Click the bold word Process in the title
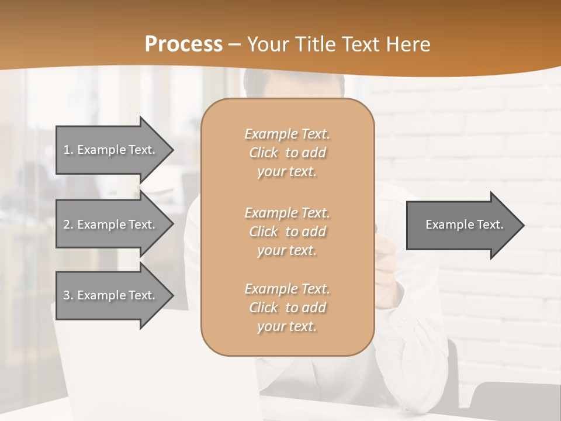[183, 44]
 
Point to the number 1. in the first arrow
[68, 150]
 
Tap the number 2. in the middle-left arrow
[68, 225]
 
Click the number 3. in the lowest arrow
[68, 295]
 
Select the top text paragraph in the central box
[287, 153]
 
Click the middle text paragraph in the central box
[287, 232]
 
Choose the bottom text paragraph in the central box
[287, 308]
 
